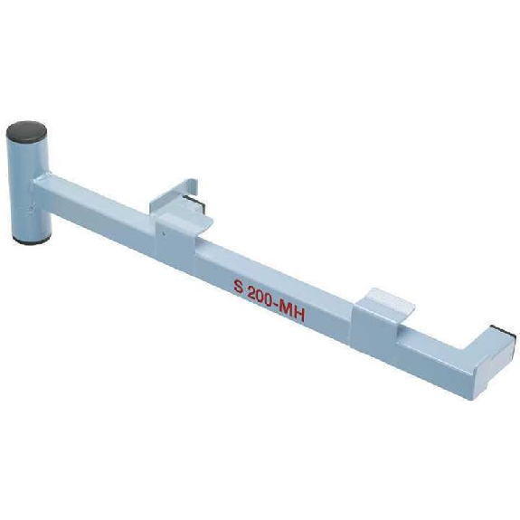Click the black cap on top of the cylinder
click(x=26, y=130)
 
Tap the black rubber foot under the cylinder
click(x=32, y=240)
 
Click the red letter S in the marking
click(x=238, y=286)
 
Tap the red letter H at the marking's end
click(x=299, y=316)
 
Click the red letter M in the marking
click(x=286, y=310)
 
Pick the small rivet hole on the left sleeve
click(x=163, y=233)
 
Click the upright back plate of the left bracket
click(x=174, y=194)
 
